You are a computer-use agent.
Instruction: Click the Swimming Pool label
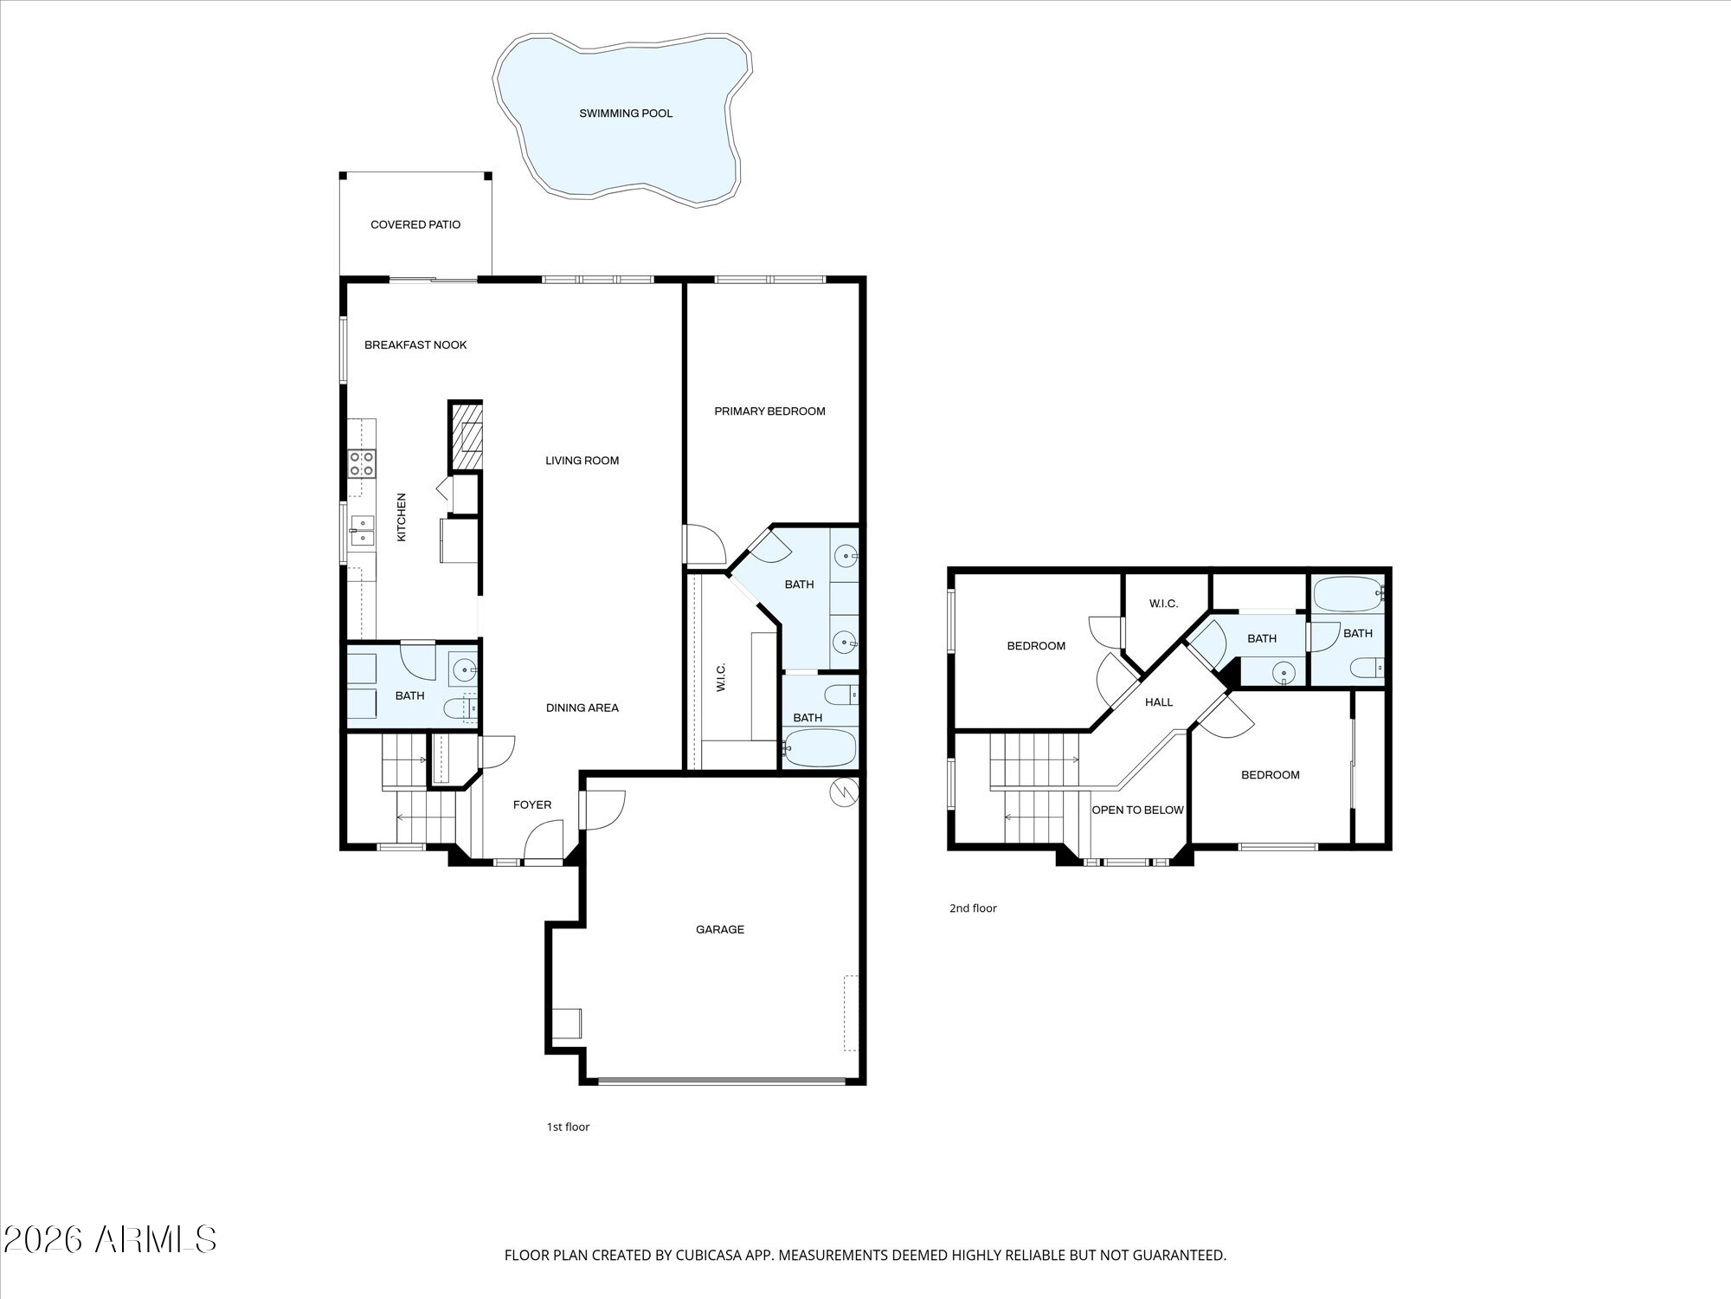click(626, 113)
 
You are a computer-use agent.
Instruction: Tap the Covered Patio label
click(415, 224)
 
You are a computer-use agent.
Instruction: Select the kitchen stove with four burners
click(362, 463)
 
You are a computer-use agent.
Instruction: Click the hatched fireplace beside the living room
click(465, 436)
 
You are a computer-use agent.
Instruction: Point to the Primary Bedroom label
click(769, 411)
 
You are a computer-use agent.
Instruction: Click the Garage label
click(720, 929)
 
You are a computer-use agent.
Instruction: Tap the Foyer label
click(532, 805)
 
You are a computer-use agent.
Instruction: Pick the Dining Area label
click(582, 708)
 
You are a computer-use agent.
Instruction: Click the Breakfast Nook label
click(415, 345)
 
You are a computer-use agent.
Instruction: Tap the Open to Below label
click(1137, 810)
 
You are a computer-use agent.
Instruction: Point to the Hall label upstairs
click(1159, 701)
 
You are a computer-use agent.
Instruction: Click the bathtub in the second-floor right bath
click(1348, 594)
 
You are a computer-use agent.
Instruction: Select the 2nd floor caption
click(973, 908)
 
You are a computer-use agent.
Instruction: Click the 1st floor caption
click(568, 1127)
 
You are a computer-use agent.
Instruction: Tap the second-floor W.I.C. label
click(1164, 604)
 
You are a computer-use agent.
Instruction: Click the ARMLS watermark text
click(156, 1239)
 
